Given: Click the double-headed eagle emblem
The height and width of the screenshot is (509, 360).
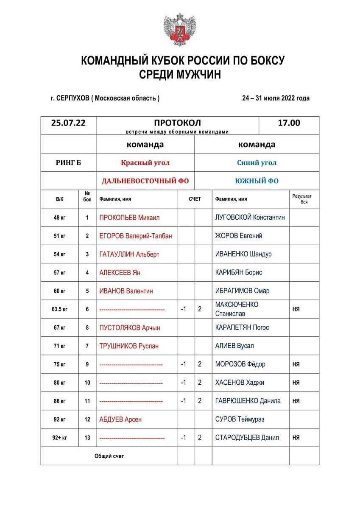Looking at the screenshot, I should click(179, 29).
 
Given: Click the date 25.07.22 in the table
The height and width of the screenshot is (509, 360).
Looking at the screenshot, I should click(68, 123).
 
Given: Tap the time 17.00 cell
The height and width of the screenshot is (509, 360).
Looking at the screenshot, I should click(289, 123).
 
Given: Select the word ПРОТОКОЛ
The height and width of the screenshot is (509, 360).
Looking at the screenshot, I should click(177, 123).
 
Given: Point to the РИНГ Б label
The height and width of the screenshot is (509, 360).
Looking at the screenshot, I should click(68, 162).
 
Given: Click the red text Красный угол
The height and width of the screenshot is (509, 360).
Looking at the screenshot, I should click(145, 162).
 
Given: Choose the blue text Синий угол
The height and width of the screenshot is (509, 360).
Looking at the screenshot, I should click(257, 162).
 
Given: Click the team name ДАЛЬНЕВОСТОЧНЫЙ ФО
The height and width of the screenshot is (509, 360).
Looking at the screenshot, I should click(145, 181).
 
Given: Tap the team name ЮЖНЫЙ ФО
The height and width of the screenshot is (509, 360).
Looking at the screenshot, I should click(257, 181).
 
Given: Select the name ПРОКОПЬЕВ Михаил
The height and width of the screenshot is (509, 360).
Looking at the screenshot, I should click(129, 218).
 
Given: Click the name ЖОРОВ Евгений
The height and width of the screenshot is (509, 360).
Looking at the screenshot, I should click(238, 236).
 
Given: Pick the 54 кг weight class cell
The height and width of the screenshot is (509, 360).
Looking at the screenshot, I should click(59, 255).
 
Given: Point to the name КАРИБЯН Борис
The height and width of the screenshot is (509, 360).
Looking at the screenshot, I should click(238, 273).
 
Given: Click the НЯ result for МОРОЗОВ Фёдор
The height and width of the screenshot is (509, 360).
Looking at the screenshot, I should click(296, 364).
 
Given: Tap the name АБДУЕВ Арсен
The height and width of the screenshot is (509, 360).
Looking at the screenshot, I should click(120, 420).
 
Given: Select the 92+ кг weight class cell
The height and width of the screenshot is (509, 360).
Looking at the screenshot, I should click(59, 438).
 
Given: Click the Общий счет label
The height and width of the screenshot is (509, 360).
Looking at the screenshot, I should click(109, 456).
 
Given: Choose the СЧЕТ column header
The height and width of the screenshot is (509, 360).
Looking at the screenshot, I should click(195, 199).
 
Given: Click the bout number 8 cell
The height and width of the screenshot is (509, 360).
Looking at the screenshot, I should click(87, 328).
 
